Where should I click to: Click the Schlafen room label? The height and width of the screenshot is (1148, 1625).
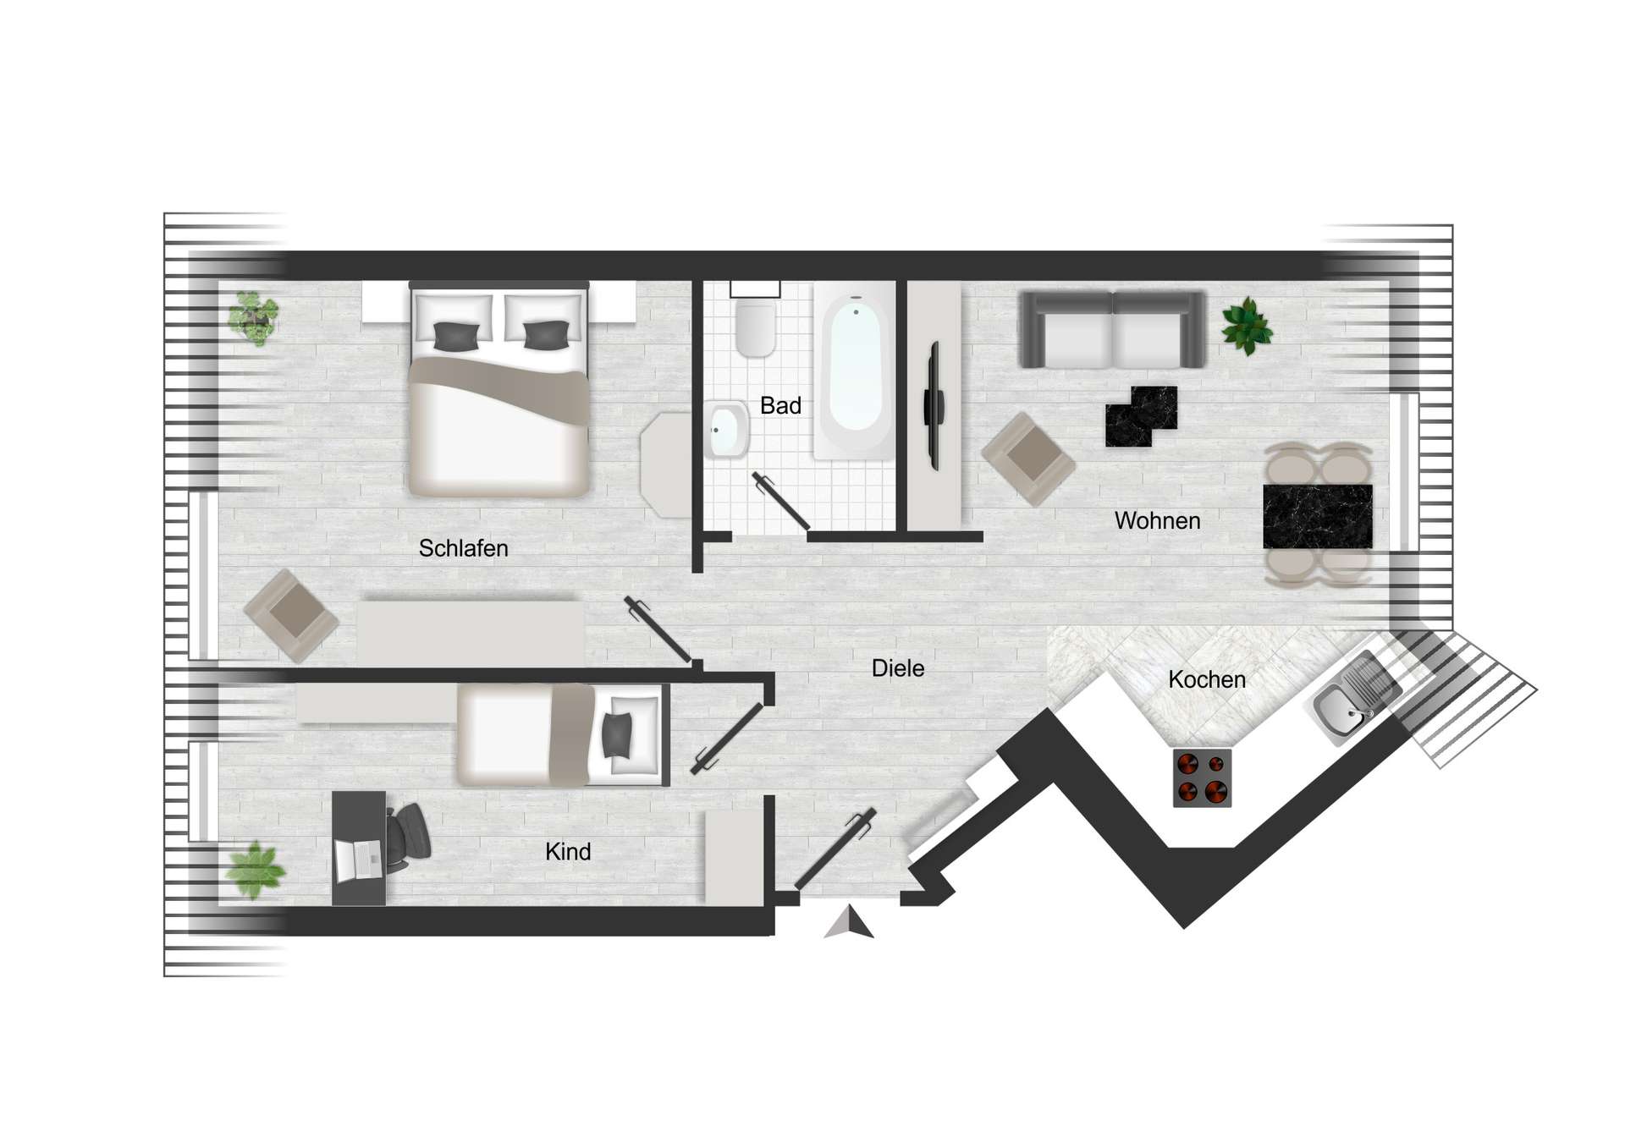463,548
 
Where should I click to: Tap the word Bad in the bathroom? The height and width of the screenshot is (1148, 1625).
780,406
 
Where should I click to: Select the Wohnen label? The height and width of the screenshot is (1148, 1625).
1157,521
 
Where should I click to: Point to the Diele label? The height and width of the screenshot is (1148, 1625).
898,668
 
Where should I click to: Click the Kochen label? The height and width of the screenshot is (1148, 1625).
1207,679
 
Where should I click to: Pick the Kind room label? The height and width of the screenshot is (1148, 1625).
568,852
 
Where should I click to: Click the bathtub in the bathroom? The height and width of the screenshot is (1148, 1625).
855,372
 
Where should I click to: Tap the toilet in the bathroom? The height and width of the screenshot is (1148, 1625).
756,330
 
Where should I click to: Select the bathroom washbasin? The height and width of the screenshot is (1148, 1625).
726,430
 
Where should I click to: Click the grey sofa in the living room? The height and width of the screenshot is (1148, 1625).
1112,330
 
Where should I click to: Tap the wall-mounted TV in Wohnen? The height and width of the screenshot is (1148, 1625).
934,405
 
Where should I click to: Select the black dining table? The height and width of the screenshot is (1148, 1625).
1317,516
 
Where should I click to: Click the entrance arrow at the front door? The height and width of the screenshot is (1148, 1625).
850,923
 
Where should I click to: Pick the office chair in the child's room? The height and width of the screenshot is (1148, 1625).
409,834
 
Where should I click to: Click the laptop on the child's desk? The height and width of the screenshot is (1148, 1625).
359,860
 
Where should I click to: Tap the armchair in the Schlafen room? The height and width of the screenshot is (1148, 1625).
291,614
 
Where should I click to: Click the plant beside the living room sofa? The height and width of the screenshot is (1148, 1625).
1246,326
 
